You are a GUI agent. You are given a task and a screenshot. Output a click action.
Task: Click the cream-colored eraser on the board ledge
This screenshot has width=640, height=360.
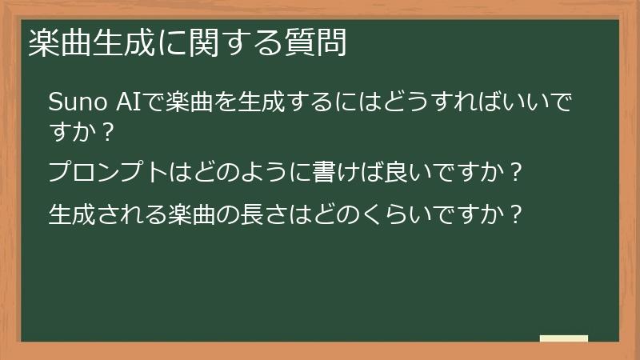[x=563, y=338]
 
